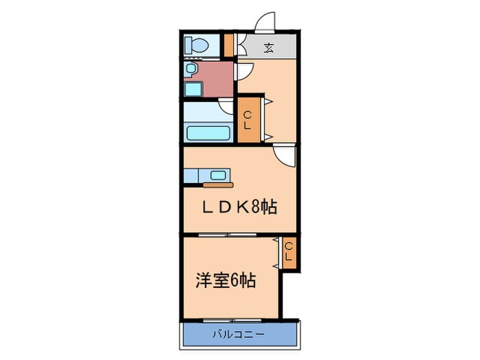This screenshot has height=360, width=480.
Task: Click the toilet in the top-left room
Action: (196, 45)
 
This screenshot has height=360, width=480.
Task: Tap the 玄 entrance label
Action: (269, 48)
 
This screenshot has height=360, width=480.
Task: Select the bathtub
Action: (207, 132)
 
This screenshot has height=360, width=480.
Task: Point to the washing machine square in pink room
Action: (193, 88)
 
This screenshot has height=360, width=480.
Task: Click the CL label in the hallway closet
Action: (248, 121)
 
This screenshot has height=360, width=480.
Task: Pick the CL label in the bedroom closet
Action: (289, 252)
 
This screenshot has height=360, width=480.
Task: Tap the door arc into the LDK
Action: (284, 156)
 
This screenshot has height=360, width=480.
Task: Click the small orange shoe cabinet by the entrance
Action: (228, 45)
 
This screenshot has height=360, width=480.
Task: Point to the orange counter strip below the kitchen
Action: (218, 184)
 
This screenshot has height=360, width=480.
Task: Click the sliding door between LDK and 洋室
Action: (231, 235)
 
